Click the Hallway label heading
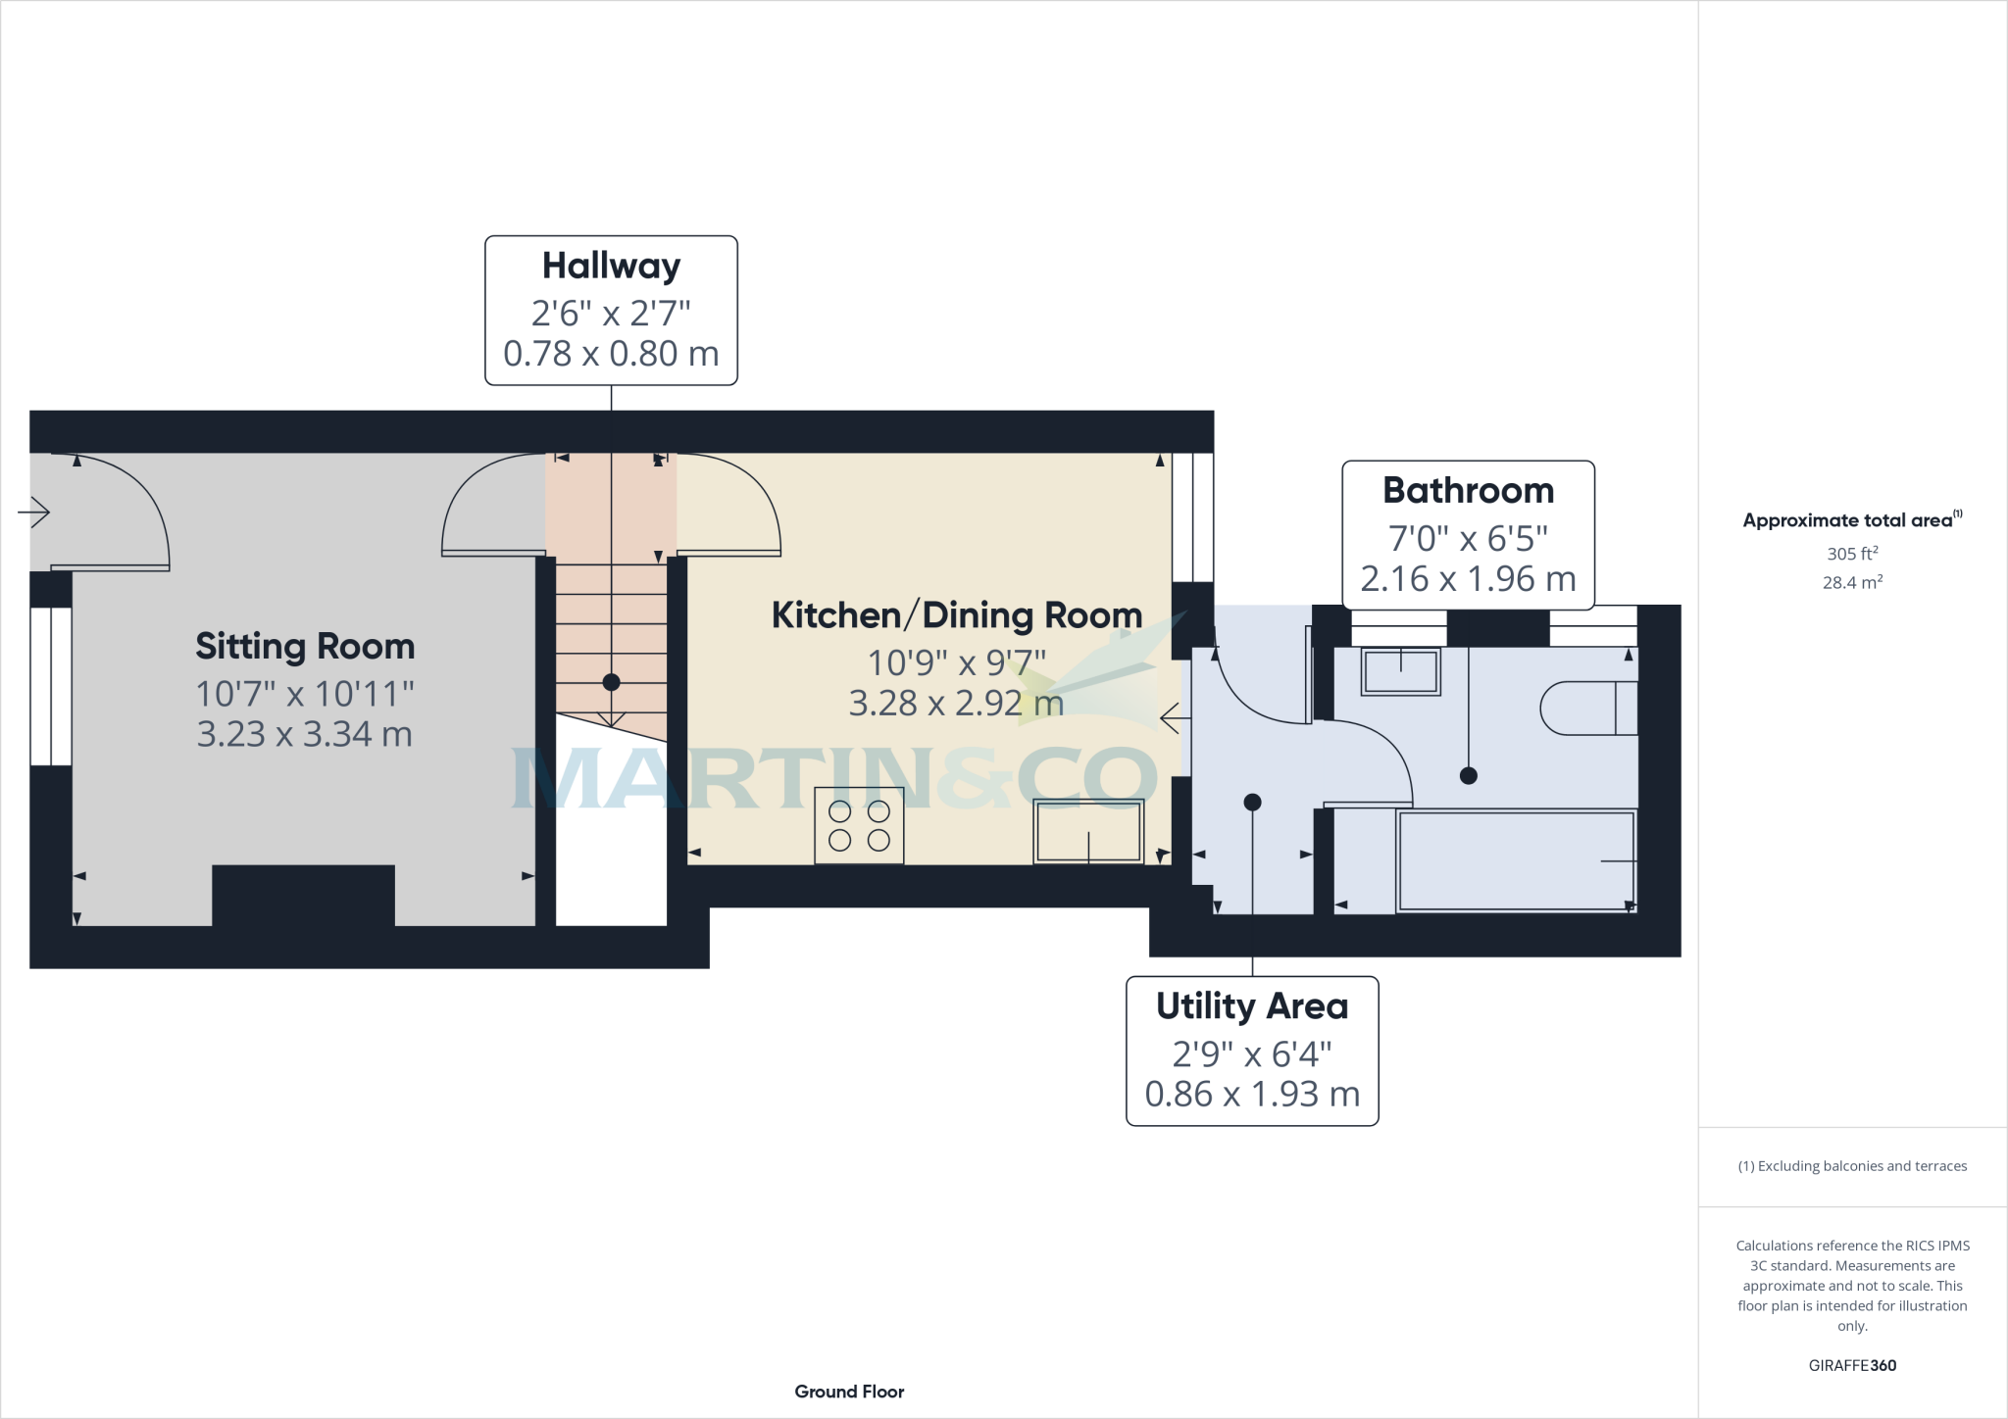pos(611,266)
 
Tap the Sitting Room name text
pos(305,647)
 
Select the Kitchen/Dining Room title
pos(957,615)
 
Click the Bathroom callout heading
pos(1468,490)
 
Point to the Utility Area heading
pos(1252,1006)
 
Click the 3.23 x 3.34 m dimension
pos(305,734)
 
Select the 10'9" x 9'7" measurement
pos(957,663)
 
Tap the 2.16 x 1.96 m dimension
pos(1468,579)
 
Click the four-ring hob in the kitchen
pos(859,825)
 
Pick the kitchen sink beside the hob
pos(1088,832)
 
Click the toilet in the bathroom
pos(1588,708)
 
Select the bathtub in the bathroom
pos(1516,861)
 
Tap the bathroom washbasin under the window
pos(1400,672)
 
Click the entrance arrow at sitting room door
pos(34,512)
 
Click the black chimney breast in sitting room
pos(303,895)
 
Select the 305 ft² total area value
pos(1852,554)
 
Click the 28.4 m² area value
pos(1852,583)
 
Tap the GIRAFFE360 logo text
pos(1852,1365)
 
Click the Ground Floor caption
pos(849,1392)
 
